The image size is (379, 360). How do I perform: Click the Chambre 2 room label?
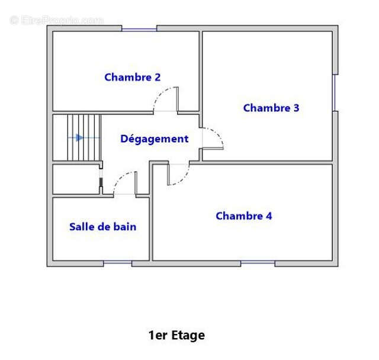133,78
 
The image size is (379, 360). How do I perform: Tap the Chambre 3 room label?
271,108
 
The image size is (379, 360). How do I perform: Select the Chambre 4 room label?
244,216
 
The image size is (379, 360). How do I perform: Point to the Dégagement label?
155,139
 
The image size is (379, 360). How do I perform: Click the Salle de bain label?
102,227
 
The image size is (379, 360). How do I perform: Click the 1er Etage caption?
176,335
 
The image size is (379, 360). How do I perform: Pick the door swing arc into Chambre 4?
183,179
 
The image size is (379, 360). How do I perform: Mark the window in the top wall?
139,30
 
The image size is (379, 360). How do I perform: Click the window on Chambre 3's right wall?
335,93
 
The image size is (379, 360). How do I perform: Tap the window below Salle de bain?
118,262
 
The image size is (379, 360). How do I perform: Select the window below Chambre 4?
258,262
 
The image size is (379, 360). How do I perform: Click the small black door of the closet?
101,182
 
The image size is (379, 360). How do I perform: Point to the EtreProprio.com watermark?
57,20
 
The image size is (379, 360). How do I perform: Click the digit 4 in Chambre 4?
269,216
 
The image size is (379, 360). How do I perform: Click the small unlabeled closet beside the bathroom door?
76,179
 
